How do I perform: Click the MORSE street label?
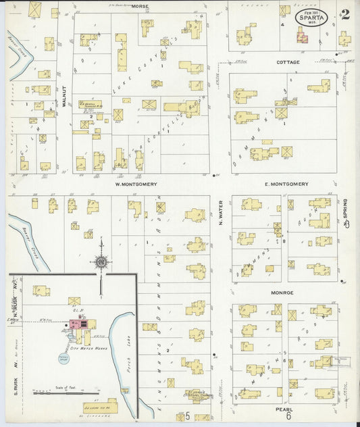point(140,5)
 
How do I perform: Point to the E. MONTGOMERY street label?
point(286,184)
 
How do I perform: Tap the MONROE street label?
point(282,293)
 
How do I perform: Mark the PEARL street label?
point(283,409)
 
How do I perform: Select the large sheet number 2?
point(344,14)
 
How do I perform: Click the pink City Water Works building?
point(78,325)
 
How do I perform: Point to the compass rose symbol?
point(101,261)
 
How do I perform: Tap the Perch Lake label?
point(126,352)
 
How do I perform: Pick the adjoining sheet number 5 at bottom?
point(187,417)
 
